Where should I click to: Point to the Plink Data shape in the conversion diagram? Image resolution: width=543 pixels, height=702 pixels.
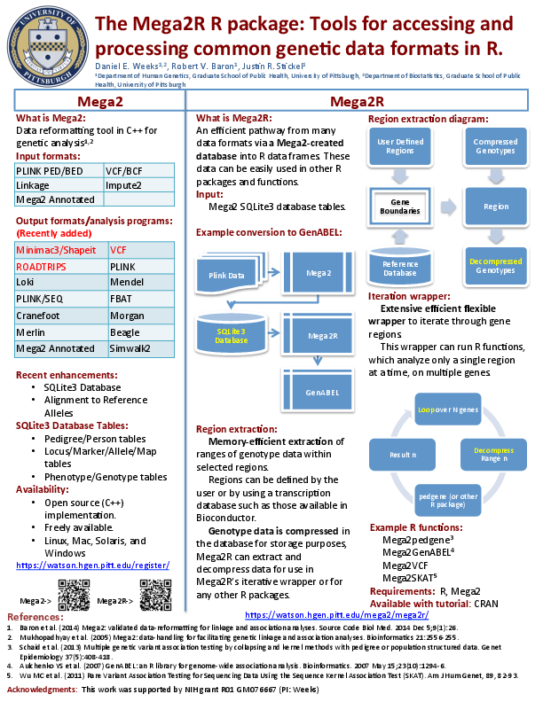(228, 276)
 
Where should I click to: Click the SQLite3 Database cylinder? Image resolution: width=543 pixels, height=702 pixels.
(231, 334)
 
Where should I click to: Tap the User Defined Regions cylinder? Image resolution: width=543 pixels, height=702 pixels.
(400, 146)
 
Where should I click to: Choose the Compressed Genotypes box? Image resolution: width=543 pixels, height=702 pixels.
(495, 146)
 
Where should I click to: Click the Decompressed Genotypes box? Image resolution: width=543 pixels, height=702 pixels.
(495, 265)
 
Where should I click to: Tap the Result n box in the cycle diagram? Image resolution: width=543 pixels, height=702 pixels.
(402, 455)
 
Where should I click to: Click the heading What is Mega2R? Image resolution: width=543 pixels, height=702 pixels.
(233, 118)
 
